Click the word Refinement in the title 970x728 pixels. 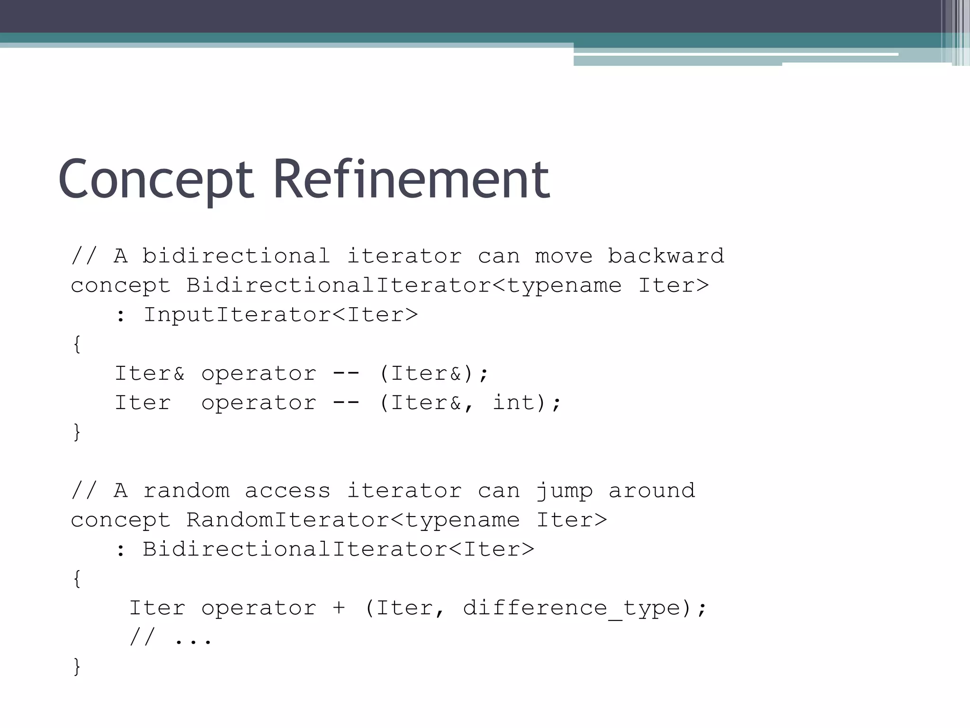pyautogui.click(x=411, y=179)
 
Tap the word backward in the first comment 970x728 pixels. pyautogui.click(x=666, y=256)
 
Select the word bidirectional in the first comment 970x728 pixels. pyautogui.click(x=236, y=256)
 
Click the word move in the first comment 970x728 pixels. pyautogui.click(x=564, y=256)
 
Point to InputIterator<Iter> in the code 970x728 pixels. pyautogui.click(x=280, y=315)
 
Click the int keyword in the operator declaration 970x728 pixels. pyautogui.click(x=514, y=403)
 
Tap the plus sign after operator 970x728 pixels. pyautogui.click(x=339, y=608)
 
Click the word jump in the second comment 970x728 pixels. pyautogui.click(x=564, y=491)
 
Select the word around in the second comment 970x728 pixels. pyautogui.click(x=652, y=491)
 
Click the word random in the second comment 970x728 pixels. pyautogui.click(x=186, y=491)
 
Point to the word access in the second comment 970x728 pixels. pyautogui.click(x=287, y=491)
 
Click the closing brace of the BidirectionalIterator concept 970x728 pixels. pyautogui.click(x=77, y=432)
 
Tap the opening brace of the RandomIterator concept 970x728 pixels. pyautogui.click(x=77, y=579)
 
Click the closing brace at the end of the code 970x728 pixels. pyautogui.click(x=77, y=666)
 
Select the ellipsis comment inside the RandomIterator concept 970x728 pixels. pyautogui.click(x=171, y=637)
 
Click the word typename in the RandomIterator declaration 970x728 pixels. pyautogui.click(x=463, y=520)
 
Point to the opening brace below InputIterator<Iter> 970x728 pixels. pyautogui.click(x=77, y=344)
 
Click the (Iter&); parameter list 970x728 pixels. pyautogui.click(x=433, y=373)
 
